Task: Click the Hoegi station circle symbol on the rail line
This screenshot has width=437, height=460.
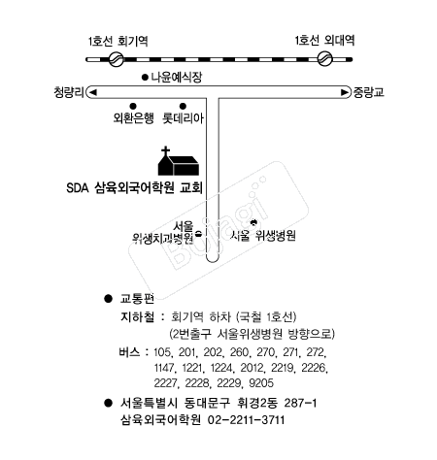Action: (x=115, y=59)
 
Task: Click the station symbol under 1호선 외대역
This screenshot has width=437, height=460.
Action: (x=325, y=59)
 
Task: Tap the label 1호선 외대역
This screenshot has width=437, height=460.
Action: (x=324, y=41)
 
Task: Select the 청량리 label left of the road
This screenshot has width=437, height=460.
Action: (x=70, y=93)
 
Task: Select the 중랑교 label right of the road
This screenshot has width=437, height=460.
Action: (x=368, y=93)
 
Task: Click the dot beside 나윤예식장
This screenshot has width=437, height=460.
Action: (x=145, y=77)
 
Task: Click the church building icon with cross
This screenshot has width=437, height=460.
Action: (x=180, y=162)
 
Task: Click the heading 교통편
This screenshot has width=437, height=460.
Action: (x=137, y=301)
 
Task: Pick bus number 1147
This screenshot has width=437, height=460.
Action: (x=167, y=365)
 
